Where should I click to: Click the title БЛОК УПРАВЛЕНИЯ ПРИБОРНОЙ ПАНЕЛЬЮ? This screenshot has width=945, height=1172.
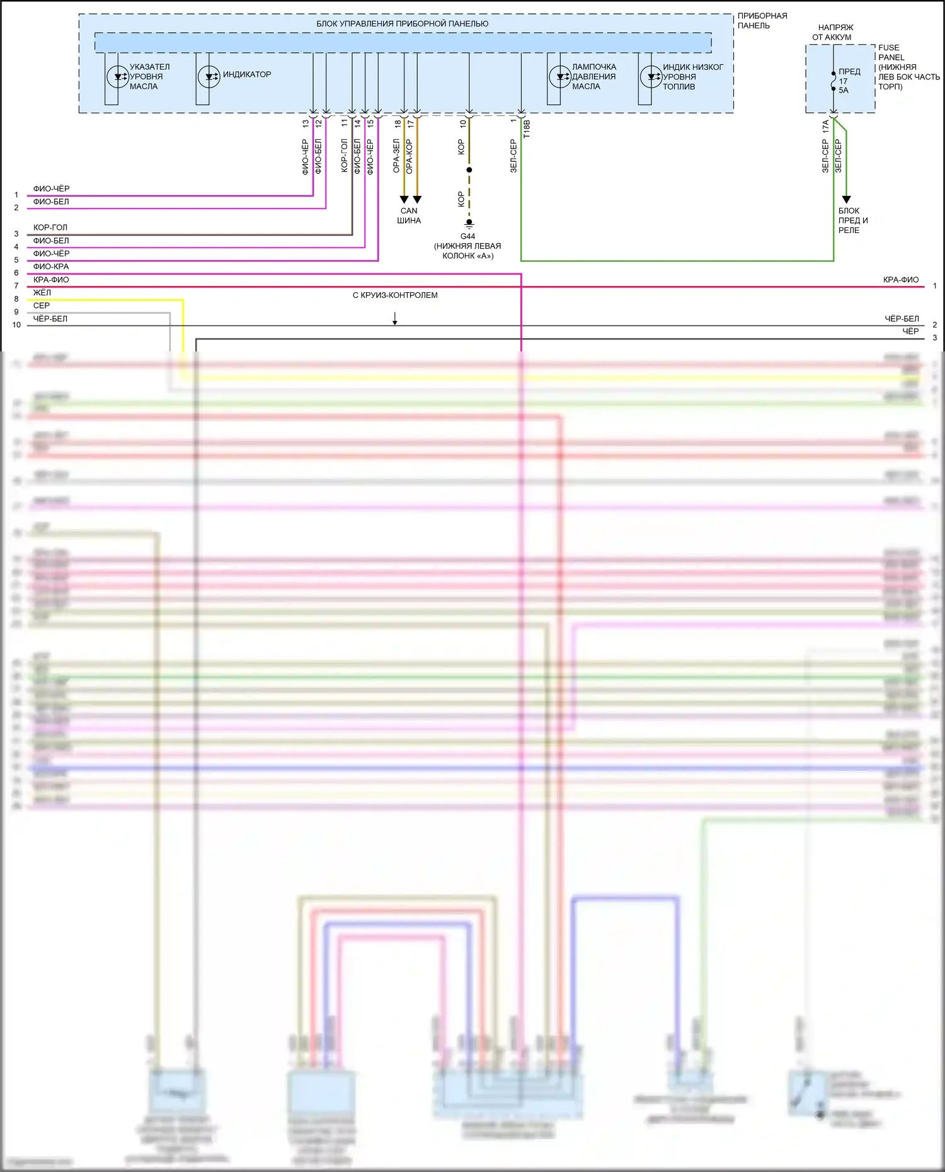402,24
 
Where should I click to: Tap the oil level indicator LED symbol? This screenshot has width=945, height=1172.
118,77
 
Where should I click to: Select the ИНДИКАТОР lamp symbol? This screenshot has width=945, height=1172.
209,77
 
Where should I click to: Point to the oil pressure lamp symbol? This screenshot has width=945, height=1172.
559,77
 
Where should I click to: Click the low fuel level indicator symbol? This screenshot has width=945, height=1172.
651,77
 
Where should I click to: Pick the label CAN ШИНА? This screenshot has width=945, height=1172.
409,216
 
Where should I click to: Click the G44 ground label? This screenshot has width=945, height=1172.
467,237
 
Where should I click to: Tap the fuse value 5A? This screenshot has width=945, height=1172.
844,91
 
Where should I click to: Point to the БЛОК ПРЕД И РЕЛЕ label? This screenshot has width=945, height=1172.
853,220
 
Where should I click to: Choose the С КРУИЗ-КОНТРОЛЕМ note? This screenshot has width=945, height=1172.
395,295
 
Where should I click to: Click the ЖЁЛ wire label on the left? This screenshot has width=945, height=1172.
42,293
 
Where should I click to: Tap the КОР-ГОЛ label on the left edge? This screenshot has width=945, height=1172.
50,227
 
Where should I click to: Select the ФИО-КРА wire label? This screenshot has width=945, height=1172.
51,266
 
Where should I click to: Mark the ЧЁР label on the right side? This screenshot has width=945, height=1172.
910,331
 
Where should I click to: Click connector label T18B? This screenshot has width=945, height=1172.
527,129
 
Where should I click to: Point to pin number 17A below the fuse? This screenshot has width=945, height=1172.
825,127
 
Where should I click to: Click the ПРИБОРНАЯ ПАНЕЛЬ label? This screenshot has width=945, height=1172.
762,21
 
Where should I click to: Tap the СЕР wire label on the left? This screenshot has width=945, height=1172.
42,305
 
